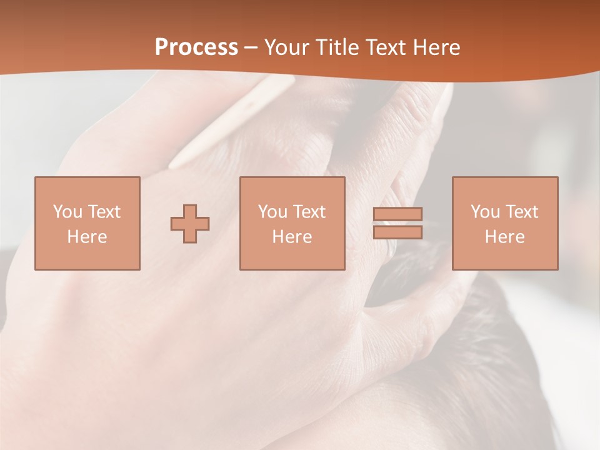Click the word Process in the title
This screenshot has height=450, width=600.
tap(196, 47)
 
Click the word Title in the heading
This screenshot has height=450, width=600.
tap(337, 47)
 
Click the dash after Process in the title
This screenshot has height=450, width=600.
tap(251, 48)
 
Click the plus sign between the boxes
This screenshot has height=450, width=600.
tap(190, 224)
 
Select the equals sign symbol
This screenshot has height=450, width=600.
tap(397, 223)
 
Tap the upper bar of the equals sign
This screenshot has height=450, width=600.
tap(397, 214)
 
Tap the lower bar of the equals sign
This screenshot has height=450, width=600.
tap(397, 232)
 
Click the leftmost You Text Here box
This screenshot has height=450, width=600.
tap(87, 223)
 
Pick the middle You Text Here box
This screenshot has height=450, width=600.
tap(292, 223)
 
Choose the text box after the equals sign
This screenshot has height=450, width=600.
tap(504, 223)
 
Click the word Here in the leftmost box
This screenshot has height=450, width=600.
tap(87, 237)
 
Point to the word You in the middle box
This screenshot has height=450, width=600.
tap(272, 212)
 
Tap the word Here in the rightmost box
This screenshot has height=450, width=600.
tap(504, 237)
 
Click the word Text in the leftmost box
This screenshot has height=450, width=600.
tap(104, 212)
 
